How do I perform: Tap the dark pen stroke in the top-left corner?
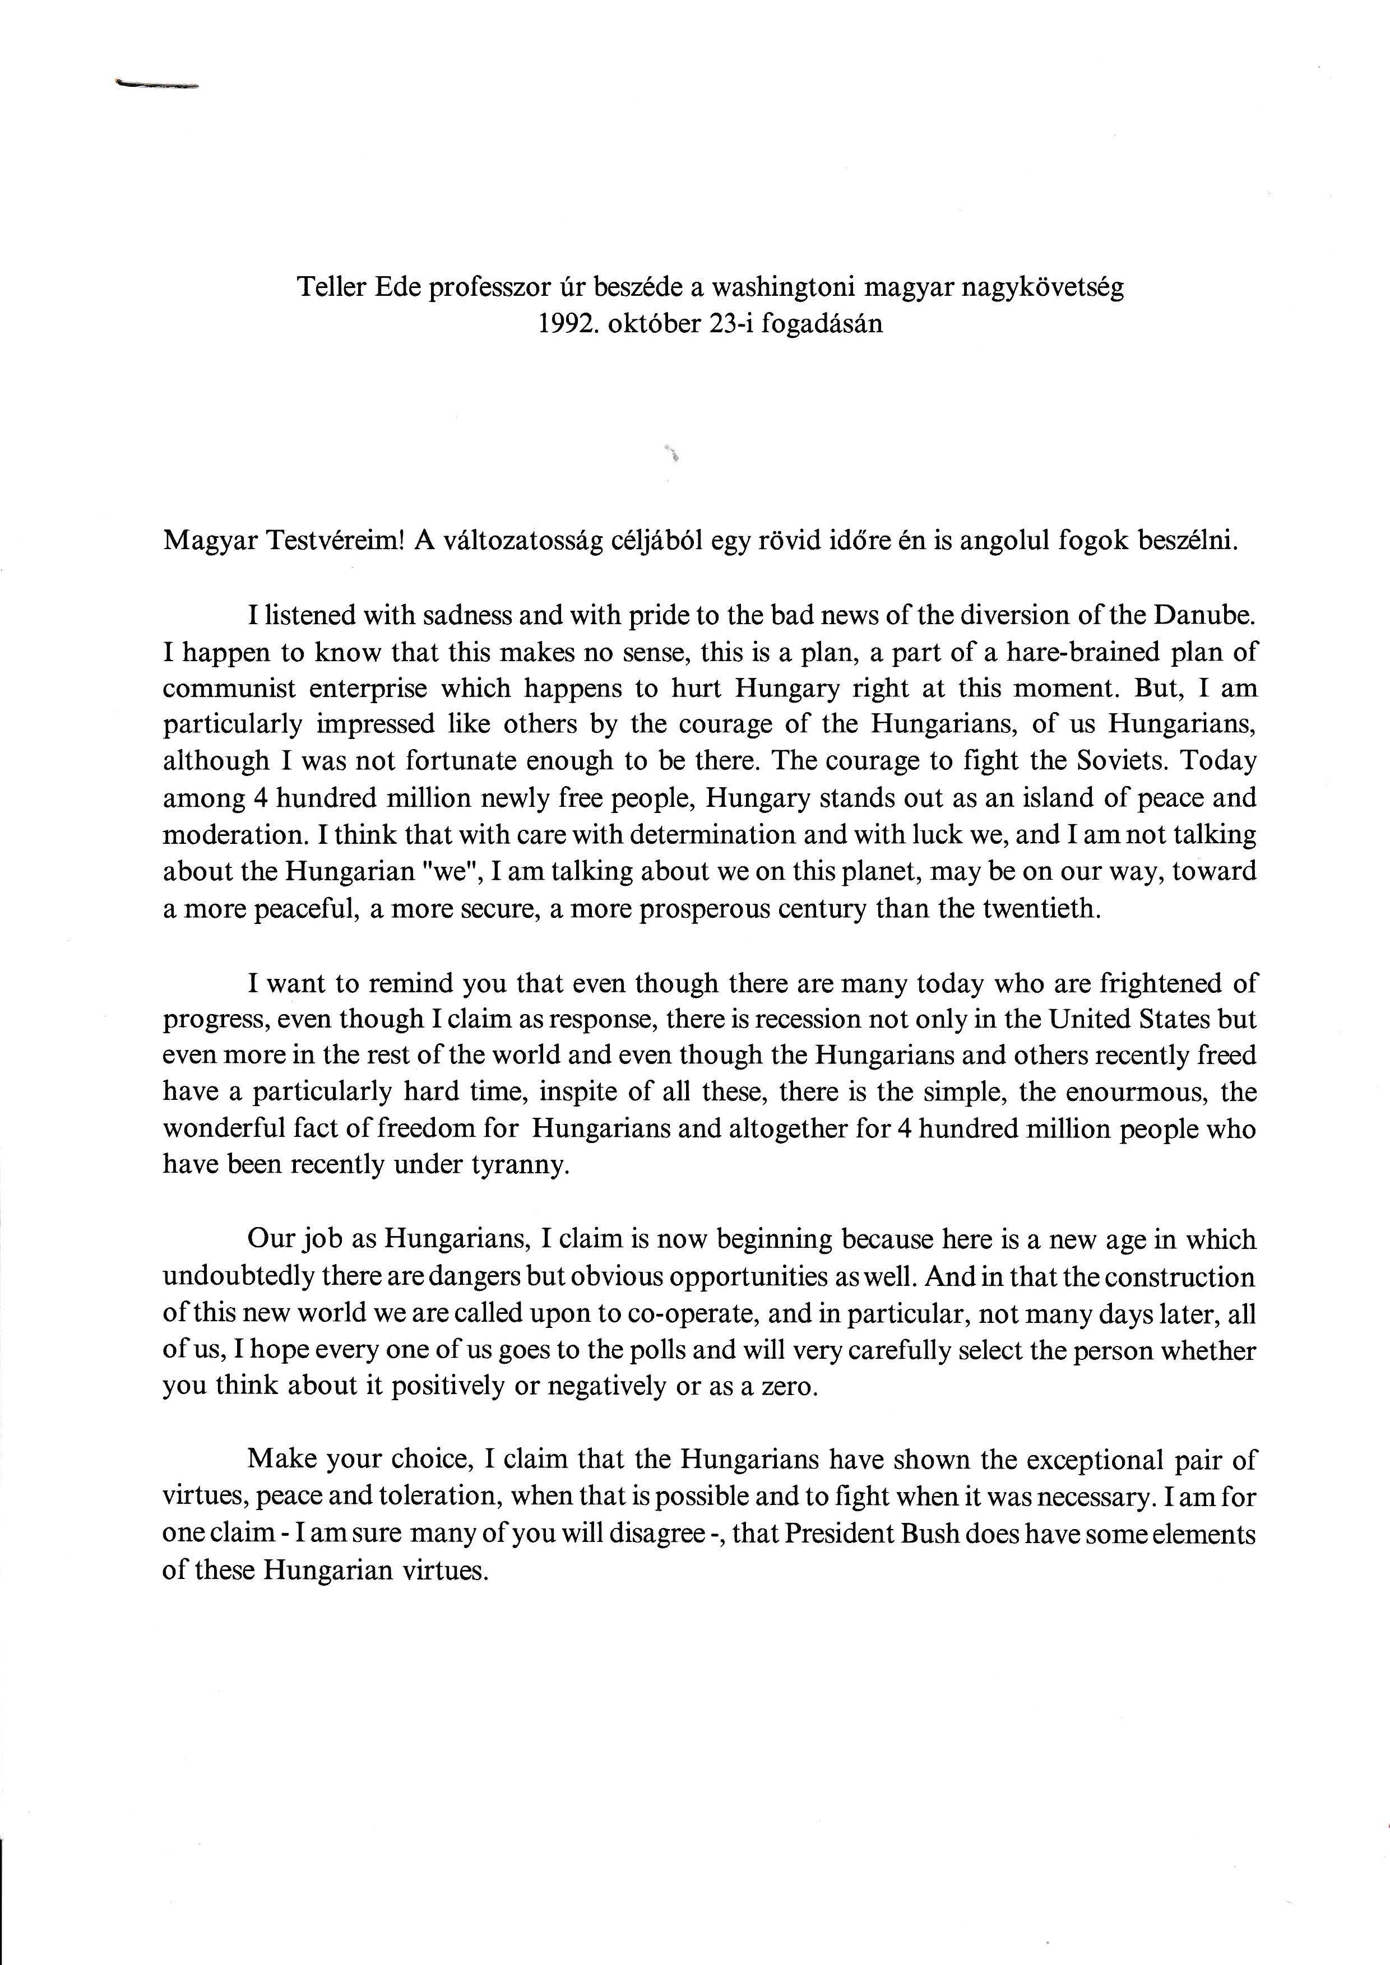coord(156,85)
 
